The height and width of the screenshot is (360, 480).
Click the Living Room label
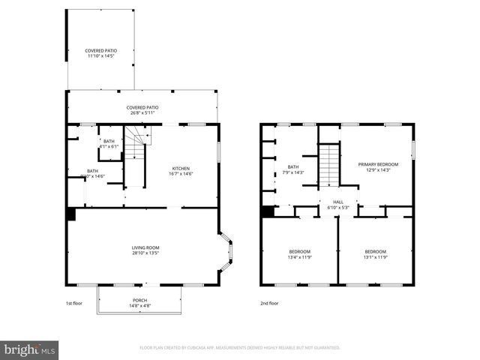(x=146, y=250)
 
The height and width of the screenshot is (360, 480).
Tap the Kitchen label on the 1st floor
(x=181, y=171)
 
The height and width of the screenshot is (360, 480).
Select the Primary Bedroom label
(x=377, y=166)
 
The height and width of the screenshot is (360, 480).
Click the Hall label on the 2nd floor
(x=337, y=204)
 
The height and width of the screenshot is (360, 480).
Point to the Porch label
(x=139, y=302)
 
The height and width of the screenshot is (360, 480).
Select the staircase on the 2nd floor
(x=330, y=166)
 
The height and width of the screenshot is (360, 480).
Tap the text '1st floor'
(x=73, y=303)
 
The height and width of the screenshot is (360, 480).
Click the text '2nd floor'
(x=268, y=303)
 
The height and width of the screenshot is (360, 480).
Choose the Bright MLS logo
(x=30, y=349)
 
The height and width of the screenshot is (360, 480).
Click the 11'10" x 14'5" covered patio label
(x=100, y=53)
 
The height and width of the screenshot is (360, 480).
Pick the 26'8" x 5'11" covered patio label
(x=142, y=110)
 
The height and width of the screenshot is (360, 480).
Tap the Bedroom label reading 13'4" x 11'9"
(x=299, y=254)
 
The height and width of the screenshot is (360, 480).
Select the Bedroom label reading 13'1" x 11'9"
(x=375, y=254)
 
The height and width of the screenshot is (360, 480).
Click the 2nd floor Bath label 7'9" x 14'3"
(x=293, y=169)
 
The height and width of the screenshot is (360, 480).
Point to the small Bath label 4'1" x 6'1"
(x=109, y=143)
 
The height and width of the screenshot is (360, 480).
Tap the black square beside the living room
(x=71, y=214)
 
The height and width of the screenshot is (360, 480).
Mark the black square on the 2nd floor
(x=266, y=211)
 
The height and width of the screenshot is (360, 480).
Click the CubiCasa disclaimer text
(x=239, y=347)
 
